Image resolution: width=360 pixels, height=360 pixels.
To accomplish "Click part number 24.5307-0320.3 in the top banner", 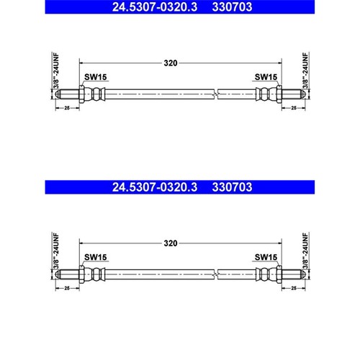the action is point(155,6).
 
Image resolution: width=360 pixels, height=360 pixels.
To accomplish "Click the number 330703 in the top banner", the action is point(232,6).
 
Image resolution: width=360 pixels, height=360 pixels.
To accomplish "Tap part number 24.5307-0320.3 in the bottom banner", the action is point(155,187).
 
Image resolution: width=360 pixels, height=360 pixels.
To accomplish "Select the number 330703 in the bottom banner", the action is point(232,187).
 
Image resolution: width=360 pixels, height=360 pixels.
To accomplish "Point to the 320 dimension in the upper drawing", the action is point(171,63).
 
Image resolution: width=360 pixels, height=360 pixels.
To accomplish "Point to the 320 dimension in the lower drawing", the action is point(171,243).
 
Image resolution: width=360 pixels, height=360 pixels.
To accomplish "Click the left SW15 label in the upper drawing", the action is point(95,77).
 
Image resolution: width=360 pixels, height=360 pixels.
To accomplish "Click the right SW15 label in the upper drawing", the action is point(266,77).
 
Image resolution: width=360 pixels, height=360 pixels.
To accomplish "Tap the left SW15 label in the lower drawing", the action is point(95,257).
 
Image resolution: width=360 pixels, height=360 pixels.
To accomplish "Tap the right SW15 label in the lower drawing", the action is point(266,257).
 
